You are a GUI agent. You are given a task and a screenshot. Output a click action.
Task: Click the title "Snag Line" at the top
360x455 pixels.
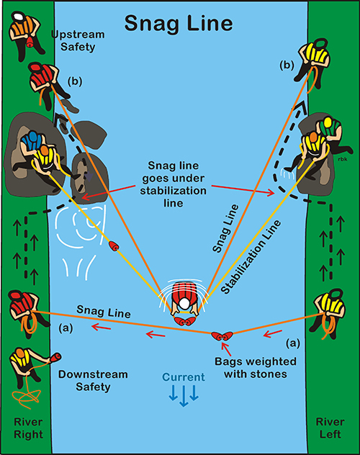(x=179, y=23)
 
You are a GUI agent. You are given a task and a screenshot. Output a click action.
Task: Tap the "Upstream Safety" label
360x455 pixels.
(x=78, y=40)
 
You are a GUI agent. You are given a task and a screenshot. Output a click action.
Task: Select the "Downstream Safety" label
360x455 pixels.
(x=93, y=380)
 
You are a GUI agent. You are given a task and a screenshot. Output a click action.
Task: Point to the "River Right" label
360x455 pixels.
(x=28, y=428)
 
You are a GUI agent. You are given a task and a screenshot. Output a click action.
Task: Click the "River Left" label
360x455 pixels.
(x=330, y=428)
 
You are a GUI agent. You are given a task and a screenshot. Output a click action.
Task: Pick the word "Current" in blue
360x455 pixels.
(x=184, y=377)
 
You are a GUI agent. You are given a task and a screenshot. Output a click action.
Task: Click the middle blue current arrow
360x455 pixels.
(x=184, y=395)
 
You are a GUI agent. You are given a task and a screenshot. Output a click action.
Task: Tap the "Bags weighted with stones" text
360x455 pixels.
(x=256, y=368)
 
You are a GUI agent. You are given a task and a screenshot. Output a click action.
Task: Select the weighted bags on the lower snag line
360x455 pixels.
(x=222, y=336)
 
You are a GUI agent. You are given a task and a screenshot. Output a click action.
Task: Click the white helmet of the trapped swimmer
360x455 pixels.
(x=184, y=304)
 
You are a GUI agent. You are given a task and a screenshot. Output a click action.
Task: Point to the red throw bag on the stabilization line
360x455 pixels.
(x=114, y=246)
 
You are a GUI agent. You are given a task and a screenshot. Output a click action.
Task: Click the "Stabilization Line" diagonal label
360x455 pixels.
(x=251, y=257)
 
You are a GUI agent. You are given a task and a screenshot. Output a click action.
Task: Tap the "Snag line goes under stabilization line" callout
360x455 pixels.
(x=174, y=184)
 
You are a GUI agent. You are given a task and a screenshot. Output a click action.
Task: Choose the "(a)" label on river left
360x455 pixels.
(x=293, y=343)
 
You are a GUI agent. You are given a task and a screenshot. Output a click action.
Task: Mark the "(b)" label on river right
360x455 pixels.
(x=75, y=81)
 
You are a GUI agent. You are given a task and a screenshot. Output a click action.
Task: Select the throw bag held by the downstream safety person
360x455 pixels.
(x=55, y=358)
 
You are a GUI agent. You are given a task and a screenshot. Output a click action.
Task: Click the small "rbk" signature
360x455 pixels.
(x=343, y=159)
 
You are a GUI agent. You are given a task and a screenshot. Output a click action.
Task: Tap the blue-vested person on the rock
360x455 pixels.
(x=32, y=140)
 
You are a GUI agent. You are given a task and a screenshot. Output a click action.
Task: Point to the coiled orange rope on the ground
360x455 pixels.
(x=26, y=397)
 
